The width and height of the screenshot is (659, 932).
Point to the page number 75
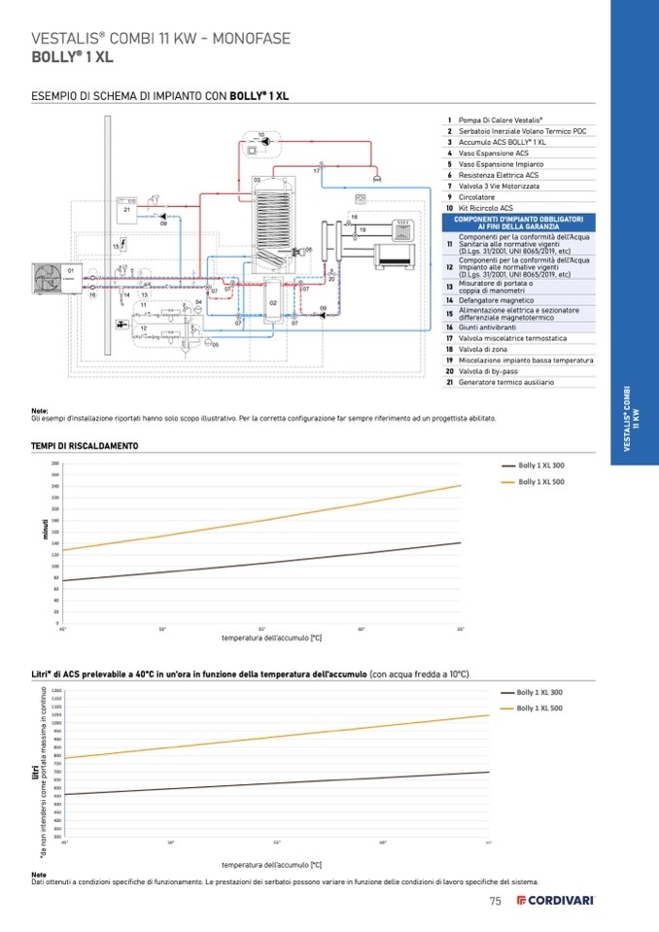495,901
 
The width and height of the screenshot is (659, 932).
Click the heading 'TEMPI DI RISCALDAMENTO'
85,445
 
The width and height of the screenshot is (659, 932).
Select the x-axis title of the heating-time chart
271,638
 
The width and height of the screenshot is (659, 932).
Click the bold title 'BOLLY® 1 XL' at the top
72,56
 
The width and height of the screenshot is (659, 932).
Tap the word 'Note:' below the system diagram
40,410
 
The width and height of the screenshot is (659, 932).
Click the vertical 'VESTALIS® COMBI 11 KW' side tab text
633,418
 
